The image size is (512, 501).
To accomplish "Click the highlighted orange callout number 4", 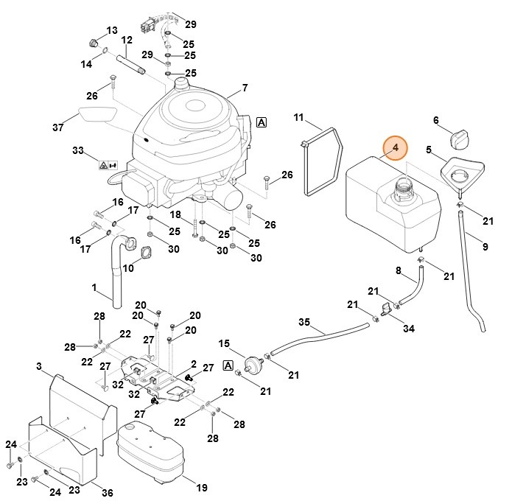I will point(396,148).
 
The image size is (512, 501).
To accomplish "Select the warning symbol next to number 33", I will point(106,165).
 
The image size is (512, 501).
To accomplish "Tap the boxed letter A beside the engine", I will point(262,122).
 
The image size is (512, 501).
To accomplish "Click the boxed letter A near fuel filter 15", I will point(228,365).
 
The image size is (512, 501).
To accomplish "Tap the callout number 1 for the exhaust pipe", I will point(94,287).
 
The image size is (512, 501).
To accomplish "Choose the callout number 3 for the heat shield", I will point(38,365).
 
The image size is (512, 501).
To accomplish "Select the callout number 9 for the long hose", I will point(485,247).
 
